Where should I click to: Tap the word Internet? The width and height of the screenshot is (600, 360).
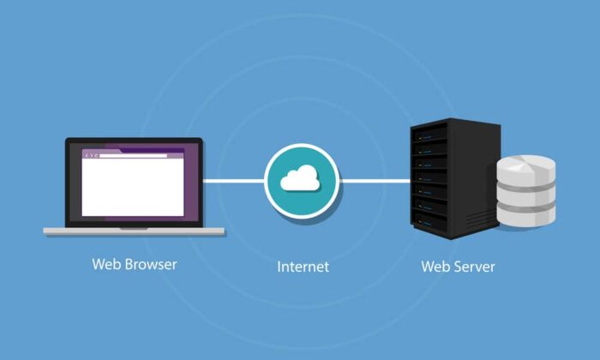(x=303, y=267)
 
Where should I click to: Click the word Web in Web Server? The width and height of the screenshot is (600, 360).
(x=434, y=267)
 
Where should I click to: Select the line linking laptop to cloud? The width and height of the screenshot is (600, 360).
(x=233, y=181)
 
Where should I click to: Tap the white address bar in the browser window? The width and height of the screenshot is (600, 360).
(x=137, y=156)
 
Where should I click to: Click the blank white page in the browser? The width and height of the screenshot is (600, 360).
(x=133, y=189)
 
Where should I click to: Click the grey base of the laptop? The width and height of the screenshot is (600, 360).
(x=135, y=231)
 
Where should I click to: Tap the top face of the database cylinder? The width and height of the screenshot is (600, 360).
(x=526, y=163)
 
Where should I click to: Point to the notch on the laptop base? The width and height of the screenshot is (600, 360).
(x=135, y=227)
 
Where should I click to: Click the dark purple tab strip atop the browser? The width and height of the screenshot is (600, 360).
(x=133, y=150)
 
